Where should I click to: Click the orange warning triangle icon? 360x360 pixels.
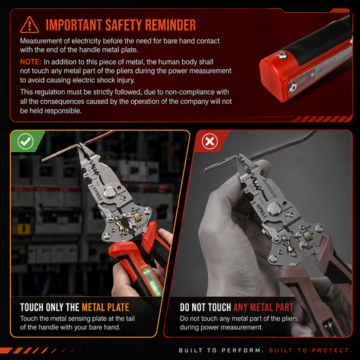(x=29, y=25)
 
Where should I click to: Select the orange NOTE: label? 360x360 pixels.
(x=31, y=62)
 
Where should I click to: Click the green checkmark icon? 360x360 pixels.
(x=26, y=141)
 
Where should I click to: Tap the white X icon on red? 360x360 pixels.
(x=210, y=141)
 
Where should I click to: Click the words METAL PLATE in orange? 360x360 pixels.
(x=105, y=308)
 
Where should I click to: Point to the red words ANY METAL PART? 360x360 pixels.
(x=264, y=308)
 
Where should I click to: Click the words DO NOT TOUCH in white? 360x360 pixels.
(x=205, y=308)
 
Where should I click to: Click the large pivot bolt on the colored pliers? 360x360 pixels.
(x=110, y=192)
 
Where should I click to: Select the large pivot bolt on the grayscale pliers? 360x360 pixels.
(x=275, y=209)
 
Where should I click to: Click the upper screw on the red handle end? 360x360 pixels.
(x=282, y=55)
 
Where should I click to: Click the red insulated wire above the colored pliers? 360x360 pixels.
(x=99, y=138)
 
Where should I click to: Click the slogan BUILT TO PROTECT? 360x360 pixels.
(x=310, y=350)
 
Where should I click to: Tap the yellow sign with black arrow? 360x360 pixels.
(x=22, y=229)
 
